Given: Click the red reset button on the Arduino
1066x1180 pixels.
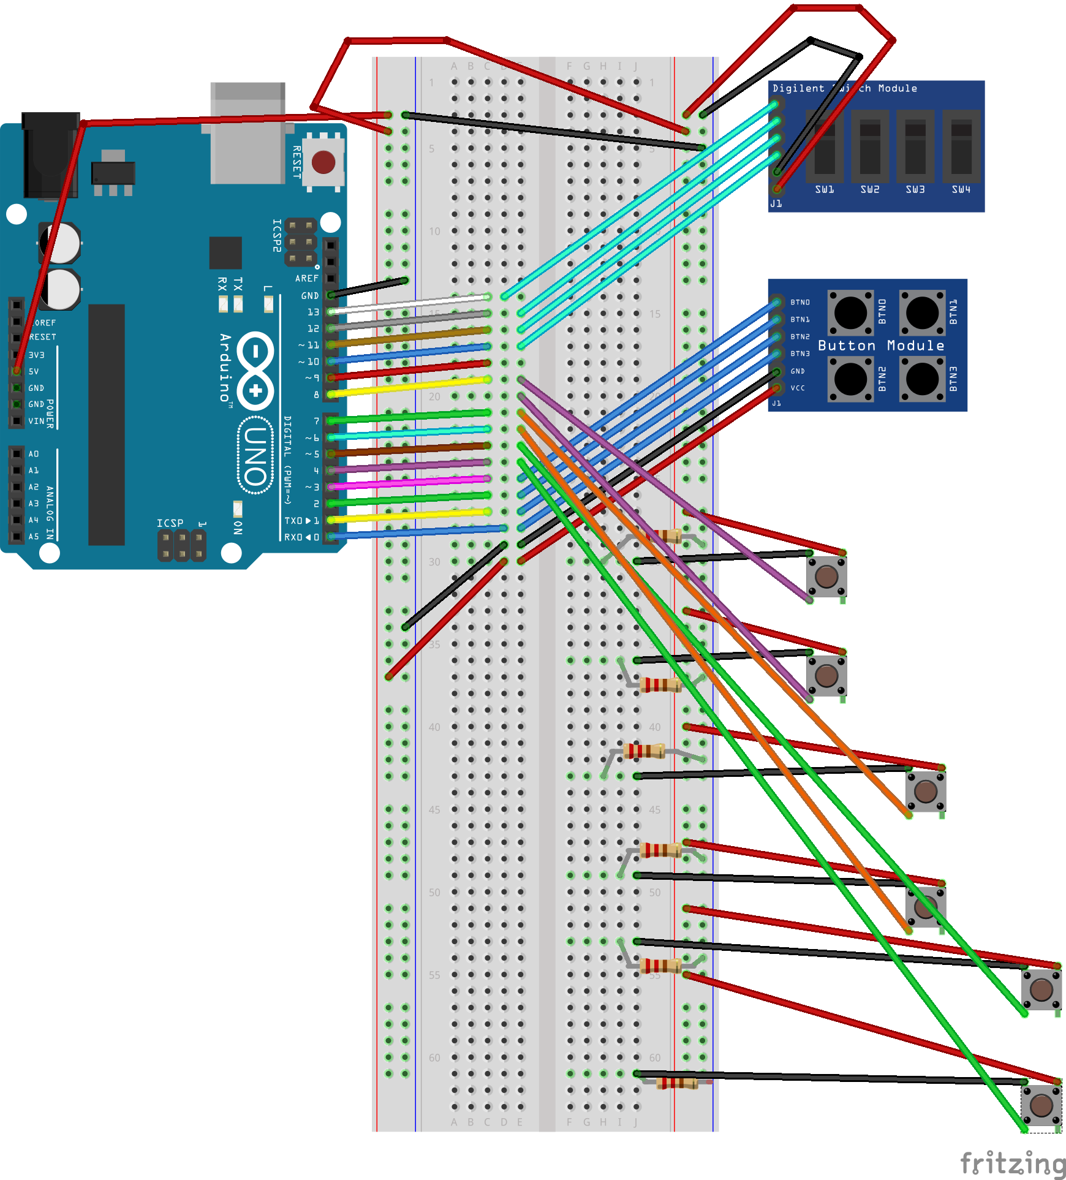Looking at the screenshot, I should click(323, 162).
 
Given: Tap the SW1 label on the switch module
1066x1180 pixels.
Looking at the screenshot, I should click(824, 190).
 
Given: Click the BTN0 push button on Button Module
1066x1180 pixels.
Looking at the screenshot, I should click(850, 312).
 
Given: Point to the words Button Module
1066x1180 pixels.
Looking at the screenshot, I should click(880, 346).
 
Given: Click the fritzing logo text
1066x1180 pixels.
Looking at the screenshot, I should click(1012, 1163).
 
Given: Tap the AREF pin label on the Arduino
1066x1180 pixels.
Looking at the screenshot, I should click(306, 279).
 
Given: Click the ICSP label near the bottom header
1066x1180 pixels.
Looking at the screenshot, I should click(170, 523).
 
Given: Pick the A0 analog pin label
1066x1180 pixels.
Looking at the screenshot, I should click(34, 454).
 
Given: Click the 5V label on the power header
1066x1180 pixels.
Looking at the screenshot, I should click(34, 371).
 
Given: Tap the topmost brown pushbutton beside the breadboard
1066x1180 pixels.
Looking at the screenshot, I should click(826, 576).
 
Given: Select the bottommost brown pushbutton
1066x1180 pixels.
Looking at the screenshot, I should click(1041, 1105).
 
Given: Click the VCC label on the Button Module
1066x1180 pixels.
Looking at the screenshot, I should click(798, 388).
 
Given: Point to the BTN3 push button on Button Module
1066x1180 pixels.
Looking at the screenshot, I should click(922, 379).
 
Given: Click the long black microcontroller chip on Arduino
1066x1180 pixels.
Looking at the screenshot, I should click(107, 424).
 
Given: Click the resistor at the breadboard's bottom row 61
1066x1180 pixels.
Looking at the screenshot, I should click(676, 1083).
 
